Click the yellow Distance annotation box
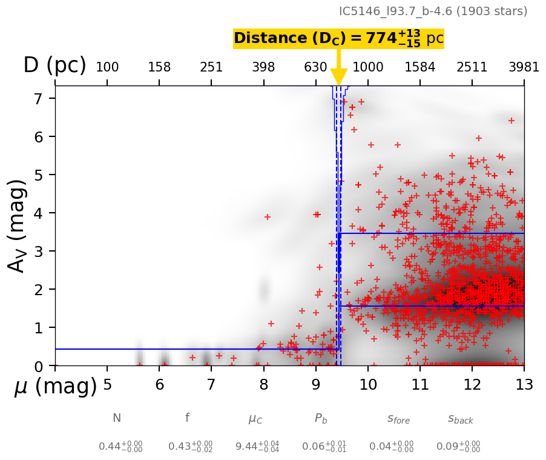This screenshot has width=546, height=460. tap(338, 38)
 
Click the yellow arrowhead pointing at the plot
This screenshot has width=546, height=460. tap(339, 77)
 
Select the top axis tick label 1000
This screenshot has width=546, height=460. tap(367, 67)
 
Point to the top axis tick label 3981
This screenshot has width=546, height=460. tap(524, 67)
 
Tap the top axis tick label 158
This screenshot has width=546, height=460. tap(159, 67)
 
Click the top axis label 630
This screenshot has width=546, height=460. tap(315, 67)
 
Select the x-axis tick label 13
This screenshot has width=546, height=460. tap(524, 384)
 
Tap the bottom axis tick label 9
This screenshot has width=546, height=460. tap(315, 384)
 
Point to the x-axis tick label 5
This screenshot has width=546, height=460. tap(107, 384)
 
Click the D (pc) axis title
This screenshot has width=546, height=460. tap(54, 65)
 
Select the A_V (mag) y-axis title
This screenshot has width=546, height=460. tap(18, 226)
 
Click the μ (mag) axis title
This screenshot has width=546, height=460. tap(56, 386)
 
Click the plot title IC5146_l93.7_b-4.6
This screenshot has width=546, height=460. tap(433, 12)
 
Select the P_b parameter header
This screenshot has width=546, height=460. tap(321, 418)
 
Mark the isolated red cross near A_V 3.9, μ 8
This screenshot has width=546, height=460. tap(267, 217)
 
